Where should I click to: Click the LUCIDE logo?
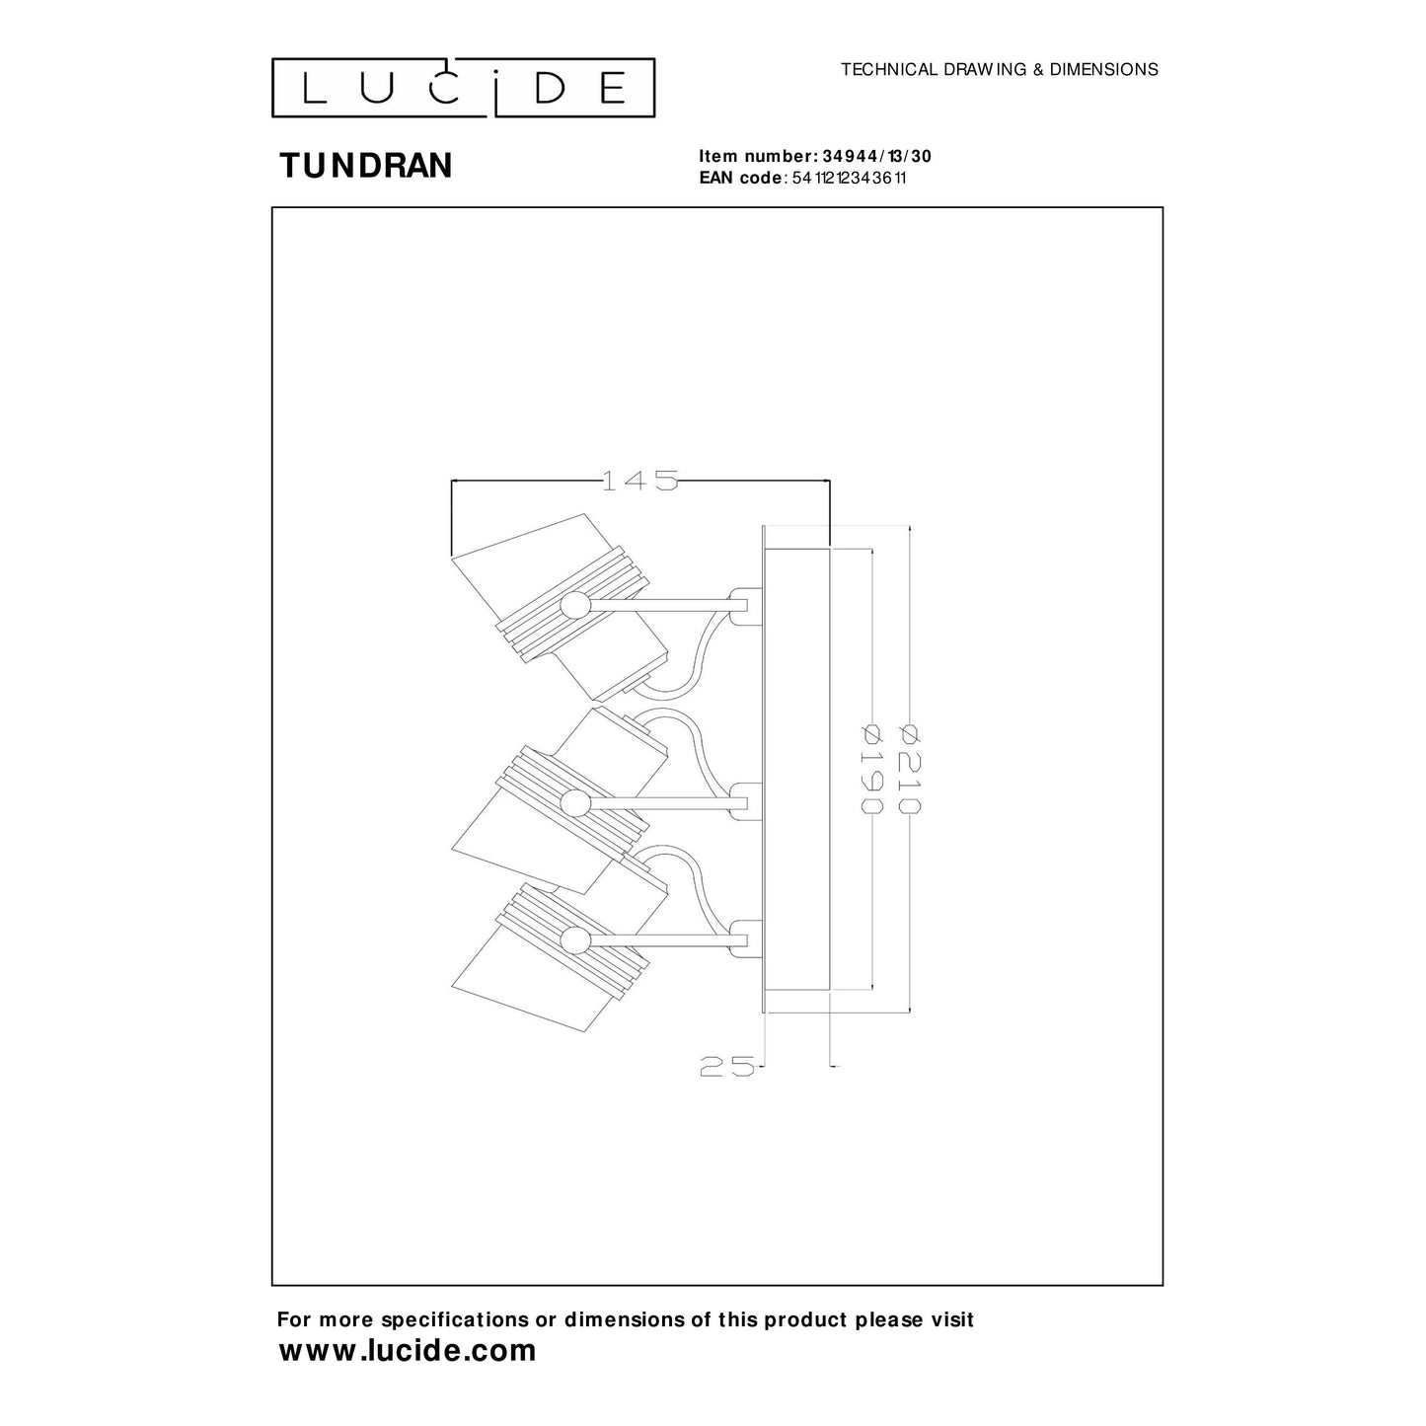coord(463,87)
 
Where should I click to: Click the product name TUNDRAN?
coord(365,166)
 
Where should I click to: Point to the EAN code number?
coord(850,178)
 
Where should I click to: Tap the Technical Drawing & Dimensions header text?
coord(999,69)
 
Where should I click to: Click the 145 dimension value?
coord(640,481)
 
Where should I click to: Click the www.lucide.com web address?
coord(408,1350)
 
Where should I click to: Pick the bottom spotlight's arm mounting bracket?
coord(744,938)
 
